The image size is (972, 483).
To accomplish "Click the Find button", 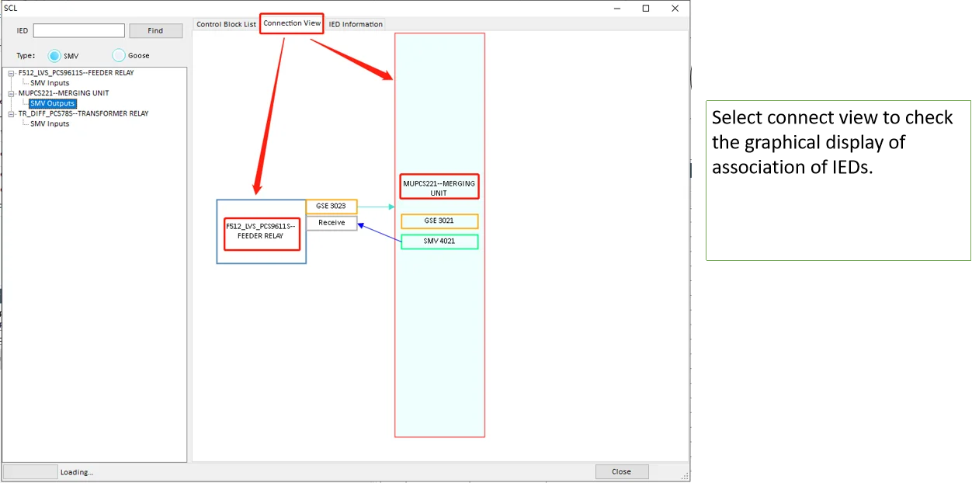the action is (x=155, y=31).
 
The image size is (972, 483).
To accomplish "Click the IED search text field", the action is (x=79, y=31).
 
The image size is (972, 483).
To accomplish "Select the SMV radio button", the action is (x=54, y=56).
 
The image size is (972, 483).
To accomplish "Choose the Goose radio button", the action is (x=119, y=56).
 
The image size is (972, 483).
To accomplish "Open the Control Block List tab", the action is (x=226, y=24).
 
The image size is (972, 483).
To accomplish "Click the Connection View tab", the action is (x=292, y=23).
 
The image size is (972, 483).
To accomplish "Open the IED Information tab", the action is (x=356, y=24).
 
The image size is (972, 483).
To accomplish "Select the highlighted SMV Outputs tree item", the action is (x=53, y=103).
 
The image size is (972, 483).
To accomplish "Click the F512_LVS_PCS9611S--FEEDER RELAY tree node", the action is (x=76, y=72).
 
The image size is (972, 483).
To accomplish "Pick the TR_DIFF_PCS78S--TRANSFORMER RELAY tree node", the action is (x=83, y=113).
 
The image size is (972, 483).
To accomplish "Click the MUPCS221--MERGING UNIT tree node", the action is (x=64, y=93).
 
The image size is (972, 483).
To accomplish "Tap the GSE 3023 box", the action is (x=332, y=206).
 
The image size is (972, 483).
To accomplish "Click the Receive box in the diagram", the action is (x=332, y=223).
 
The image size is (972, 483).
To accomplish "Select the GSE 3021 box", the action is (x=439, y=221).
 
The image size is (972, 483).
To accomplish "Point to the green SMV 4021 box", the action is (x=439, y=241).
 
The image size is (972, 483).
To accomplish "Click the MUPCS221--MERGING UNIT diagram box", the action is (x=439, y=186).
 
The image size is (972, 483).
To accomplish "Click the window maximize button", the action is (x=646, y=9).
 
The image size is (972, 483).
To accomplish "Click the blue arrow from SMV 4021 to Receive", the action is (x=380, y=233).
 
